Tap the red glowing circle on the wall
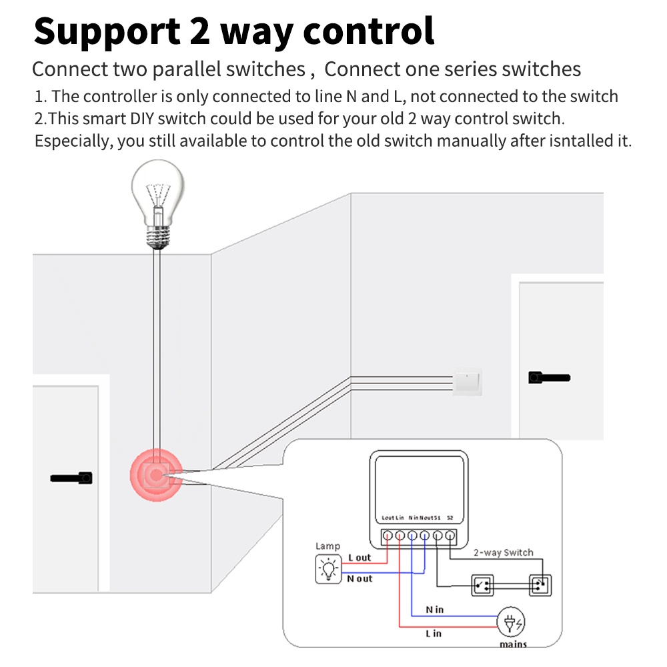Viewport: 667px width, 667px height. (x=155, y=475)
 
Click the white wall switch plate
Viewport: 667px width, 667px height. (x=467, y=383)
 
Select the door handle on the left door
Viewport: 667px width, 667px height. (x=71, y=478)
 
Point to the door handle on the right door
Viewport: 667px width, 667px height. (x=548, y=378)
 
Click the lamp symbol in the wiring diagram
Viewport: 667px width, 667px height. (x=327, y=569)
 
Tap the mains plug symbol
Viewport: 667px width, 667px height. (x=510, y=623)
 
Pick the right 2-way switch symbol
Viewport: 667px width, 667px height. (x=539, y=586)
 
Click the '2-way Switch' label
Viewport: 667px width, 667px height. (x=504, y=552)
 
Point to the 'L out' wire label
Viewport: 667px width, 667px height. (x=360, y=558)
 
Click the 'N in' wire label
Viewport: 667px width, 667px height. (x=434, y=609)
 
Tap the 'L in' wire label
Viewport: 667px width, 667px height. (x=433, y=634)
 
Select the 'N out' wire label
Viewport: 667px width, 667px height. (x=360, y=578)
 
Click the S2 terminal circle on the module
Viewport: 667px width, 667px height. (x=450, y=535)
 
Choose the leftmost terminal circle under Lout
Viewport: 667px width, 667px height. (x=387, y=535)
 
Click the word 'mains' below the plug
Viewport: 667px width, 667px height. (x=513, y=644)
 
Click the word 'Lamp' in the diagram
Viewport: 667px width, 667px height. (x=327, y=546)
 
